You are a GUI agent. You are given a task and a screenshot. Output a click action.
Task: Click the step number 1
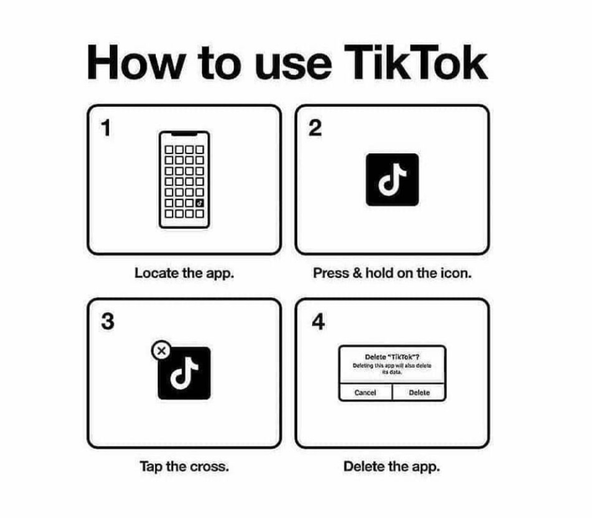pos(106,128)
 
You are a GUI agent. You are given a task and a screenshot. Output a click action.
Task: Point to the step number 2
pos(315,128)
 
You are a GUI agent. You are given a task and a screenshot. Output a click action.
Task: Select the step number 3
pos(108,321)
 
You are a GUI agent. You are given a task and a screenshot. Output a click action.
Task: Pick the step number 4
pos(318,321)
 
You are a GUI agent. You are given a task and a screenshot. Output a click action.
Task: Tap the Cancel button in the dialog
pos(365,393)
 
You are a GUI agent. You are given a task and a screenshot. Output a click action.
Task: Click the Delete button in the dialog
pos(419,393)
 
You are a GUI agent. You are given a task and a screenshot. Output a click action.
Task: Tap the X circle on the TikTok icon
pos(161,351)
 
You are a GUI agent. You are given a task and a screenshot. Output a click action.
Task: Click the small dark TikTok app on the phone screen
pos(200,203)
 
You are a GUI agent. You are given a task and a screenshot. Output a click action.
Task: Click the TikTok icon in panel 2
pos(392,180)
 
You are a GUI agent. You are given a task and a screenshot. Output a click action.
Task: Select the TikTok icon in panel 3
pos(184,373)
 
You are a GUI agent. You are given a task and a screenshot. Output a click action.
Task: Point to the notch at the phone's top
pos(184,134)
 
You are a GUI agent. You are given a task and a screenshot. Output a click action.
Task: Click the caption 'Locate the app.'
pos(184,274)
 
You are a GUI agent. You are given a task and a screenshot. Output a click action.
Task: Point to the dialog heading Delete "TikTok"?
pos(392,357)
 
